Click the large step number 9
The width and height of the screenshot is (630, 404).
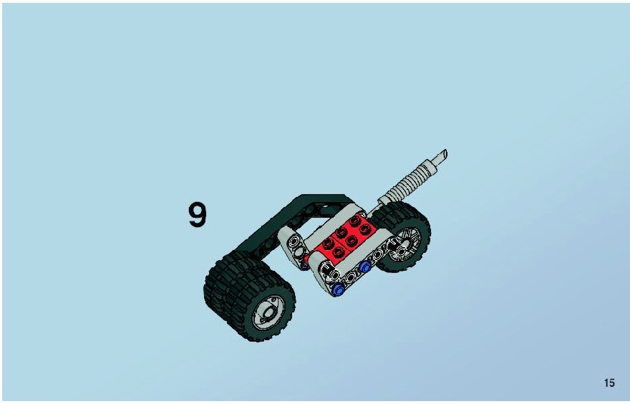coord(198,215)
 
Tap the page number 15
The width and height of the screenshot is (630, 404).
coord(609,383)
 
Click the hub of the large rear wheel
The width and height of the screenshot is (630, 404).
coord(270,312)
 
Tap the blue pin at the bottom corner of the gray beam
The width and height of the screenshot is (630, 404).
coord(339,289)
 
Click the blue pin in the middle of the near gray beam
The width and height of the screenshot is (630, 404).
coord(365,266)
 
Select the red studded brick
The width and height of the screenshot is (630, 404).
coord(346,237)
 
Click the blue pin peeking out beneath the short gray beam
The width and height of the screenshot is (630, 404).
coord(304,265)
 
